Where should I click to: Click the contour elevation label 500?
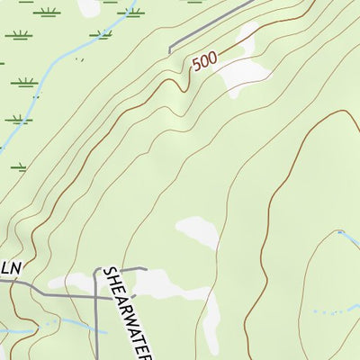pyautogui.click(x=205, y=62)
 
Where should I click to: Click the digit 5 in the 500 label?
pyautogui.click(x=195, y=67)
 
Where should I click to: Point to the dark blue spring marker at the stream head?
pyautogui.click(x=340, y=234)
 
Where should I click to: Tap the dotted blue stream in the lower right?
pyautogui.click(x=328, y=311)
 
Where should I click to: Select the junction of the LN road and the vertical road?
pyautogui.click(x=96, y=294)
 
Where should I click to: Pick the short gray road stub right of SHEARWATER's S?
pyautogui.click(x=135, y=268)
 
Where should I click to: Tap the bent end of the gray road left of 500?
pyautogui.click(x=170, y=50)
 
